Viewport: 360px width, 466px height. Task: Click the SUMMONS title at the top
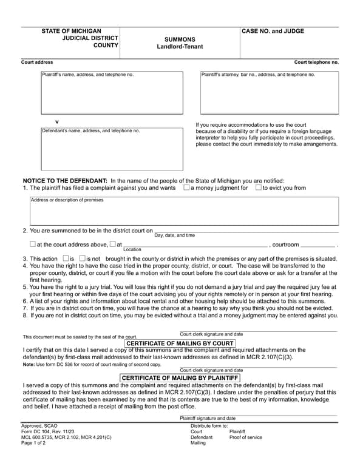tap(180, 39)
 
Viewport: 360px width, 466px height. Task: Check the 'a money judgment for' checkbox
tap(186, 188)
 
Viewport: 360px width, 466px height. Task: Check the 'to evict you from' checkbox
tap(258, 188)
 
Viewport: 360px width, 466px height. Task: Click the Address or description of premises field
tap(185, 211)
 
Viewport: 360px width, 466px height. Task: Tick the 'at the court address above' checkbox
tap(33, 245)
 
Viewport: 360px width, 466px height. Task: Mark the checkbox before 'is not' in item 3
tap(83, 258)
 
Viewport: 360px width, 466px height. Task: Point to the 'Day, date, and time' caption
tap(175, 235)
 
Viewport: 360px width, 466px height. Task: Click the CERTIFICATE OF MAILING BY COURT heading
tap(180, 343)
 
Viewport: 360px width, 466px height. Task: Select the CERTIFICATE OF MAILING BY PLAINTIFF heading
tap(180, 378)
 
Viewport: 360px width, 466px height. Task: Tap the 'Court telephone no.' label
tap(316, 62)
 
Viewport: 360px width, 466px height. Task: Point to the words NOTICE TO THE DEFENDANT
tap(65, 181)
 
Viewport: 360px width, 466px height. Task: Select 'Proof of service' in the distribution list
tap(246, 437)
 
